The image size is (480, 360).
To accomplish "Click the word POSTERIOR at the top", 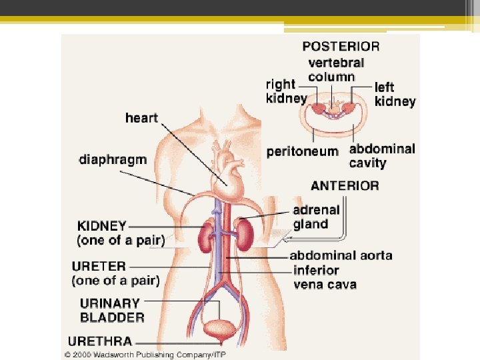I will pyautogui.click(x=341, y=47).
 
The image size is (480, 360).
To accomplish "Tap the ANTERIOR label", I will pyautogui.click(x=346, y=185).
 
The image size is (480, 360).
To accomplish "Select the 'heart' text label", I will pyautogui.click(x=141, y=118).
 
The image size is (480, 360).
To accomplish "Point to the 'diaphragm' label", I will pyautogui.click(x=112, y=160).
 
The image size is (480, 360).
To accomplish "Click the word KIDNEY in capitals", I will pyautogui.click(x=101, y=225).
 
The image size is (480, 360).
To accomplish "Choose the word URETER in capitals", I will pyautogui.click(x=100, y=266).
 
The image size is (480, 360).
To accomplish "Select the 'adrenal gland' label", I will pyautogui.click(x=316, y=217).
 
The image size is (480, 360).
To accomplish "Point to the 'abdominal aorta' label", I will pyautogui.click(x=341, y=255).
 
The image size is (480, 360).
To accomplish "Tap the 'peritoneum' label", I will pyautogui.click(x=302, y=151).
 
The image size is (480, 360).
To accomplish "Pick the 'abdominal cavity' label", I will pyautogui.click(x=381, y=155).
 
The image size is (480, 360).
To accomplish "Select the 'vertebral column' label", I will pyautogui.click(x=336, y=69).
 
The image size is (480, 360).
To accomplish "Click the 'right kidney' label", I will pyautogui.click(x=286, y=91).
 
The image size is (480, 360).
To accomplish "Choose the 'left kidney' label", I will pyautogui.click(x=395, y=94).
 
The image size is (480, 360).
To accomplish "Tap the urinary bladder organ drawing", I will pyautogui.click(x=219, y=331).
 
